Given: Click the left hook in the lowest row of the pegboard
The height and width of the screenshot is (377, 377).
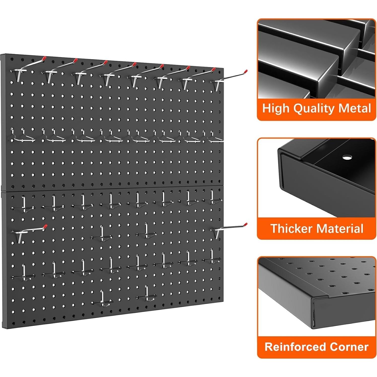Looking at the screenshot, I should pyautogui.click(x=102, y=299).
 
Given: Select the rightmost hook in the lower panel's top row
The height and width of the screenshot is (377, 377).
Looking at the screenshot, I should pyautogui.click(x=212, y=197).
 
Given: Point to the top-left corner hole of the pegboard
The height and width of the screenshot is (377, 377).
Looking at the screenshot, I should pyautogui.click(x=12, y=60).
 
